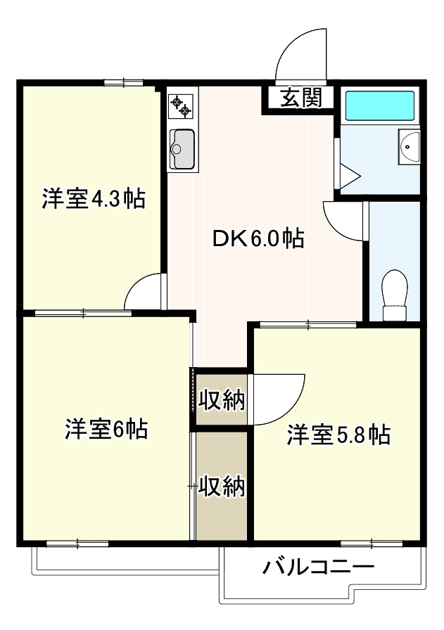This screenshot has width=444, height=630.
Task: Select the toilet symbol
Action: coord(394,296)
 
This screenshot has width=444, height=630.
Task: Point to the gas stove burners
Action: coord(181,106)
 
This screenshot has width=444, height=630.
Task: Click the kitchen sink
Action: coord(182,150)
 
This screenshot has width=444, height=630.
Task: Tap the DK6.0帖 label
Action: coord(258,239)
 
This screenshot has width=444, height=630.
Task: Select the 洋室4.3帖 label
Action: coord(93,199)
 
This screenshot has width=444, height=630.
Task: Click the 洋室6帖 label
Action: coord(106,428)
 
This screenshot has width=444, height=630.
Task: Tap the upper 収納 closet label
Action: coord(221,400)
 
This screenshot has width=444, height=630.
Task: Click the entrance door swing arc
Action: coord(298,53)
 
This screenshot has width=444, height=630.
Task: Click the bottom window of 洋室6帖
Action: coord(77,544)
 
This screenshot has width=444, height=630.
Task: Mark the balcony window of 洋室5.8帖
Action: coord(371,544)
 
